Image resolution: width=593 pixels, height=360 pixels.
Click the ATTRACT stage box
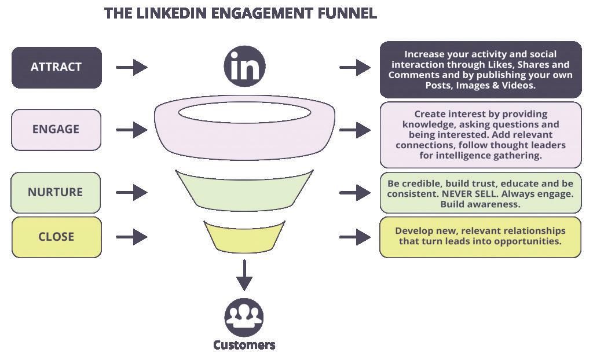click(57, 67)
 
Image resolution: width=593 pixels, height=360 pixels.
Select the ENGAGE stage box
click(56, 130)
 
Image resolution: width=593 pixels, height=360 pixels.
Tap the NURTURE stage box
click(56, 193)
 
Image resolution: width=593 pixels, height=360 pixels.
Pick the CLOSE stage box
click(57, 237)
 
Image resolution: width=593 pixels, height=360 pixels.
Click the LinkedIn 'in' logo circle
click(245, 67)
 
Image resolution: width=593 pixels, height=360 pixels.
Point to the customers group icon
click(244, 317)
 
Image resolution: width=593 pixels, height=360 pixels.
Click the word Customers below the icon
click(244, 345)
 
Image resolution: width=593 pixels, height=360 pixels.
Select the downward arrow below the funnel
click(244, 275)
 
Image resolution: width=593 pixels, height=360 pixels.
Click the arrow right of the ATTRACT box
click(131, 68)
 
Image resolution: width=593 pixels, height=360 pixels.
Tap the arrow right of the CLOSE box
click(131, 237)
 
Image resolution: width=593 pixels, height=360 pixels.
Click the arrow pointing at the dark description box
click(355, 68)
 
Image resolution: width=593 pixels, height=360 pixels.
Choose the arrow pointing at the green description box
click(355, 193)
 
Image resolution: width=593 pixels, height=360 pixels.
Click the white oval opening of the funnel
click(245, 113)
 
